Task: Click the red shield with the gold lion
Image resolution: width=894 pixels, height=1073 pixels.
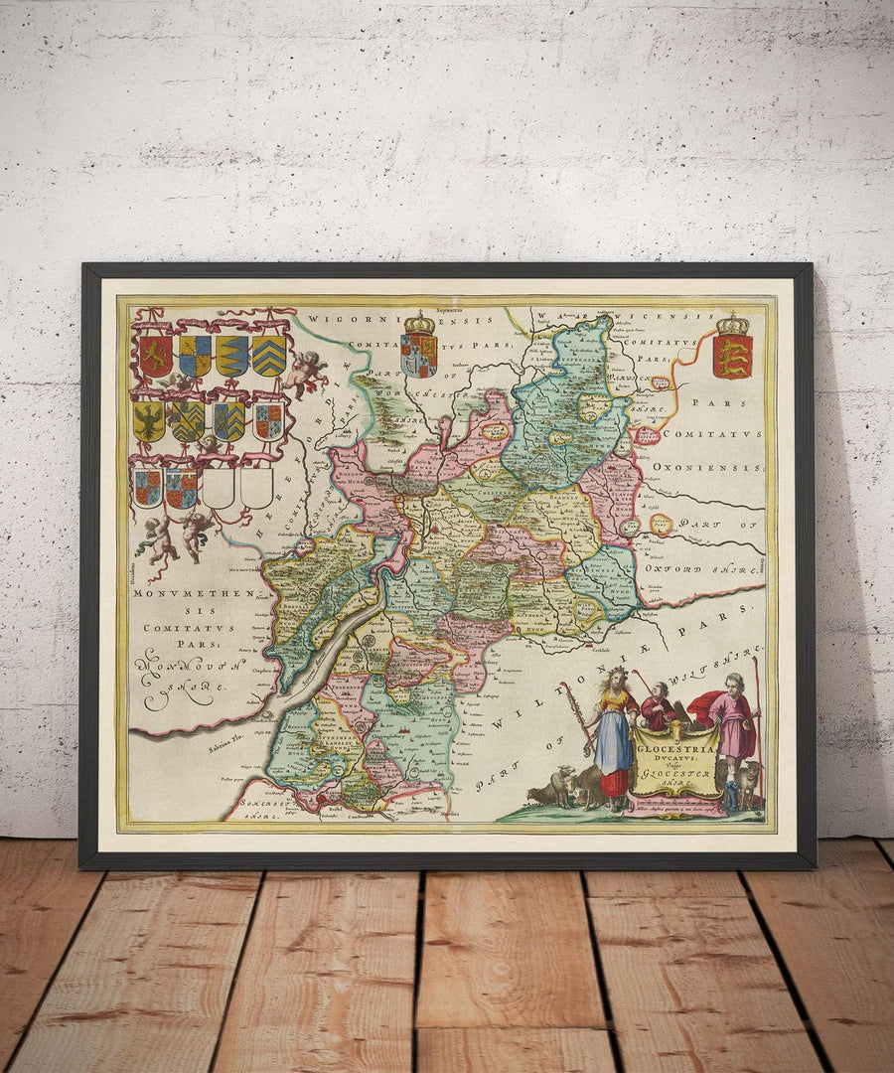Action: click(x=154, y=356)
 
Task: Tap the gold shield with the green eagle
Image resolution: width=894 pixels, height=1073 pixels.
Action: click(x=149, y=421)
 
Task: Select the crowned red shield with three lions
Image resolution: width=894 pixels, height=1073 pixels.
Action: click(x=732, y=356)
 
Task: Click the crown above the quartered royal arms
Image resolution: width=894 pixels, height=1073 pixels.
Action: click(x=419, y=324)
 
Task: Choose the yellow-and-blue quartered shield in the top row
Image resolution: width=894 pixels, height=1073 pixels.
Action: click(x=194, y=356)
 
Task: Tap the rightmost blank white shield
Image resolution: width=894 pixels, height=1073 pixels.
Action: click(x=256, y=487)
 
